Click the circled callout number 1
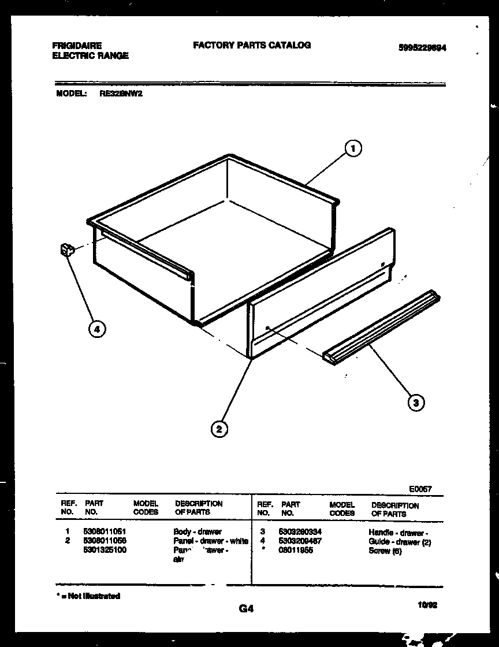pos(353,149)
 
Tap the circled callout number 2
pos(218,429)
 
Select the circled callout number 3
pos(415,403)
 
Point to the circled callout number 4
pos(97,329)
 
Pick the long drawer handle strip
pos(381,328)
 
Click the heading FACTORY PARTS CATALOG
pos(251,45)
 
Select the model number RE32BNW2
pos(121,93)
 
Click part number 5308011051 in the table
pos(105,531)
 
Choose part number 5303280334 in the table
pos(300,532)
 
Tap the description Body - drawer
pos(197,531)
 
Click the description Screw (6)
pos(385,551)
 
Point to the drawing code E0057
pos(420,489)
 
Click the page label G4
pos(247,608)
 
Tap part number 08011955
pos(295,551)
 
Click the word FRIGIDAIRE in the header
pos(77,46)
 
